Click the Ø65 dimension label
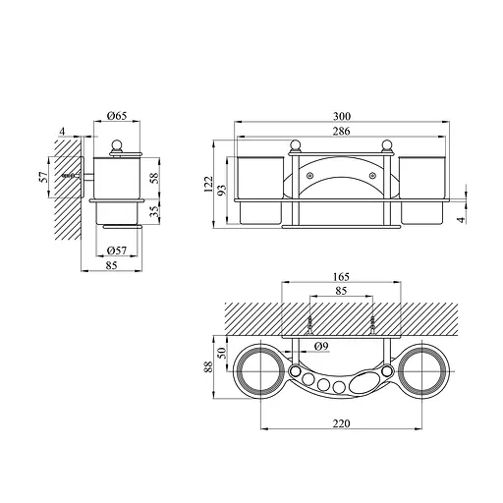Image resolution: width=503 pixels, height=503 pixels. pyautogui.click(x=117, y=116)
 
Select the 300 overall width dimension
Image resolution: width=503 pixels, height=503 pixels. pyautogui.click(x=342, y=116)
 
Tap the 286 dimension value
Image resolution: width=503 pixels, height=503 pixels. pyautogui.click(x=342, y=132)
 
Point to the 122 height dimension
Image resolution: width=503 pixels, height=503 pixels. pyautogui.click(x=208, y=184)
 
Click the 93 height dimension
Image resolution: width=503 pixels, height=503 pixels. pyautogui.click(x=222, y=190)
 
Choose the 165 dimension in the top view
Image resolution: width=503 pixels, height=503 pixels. pyautogui.click(x=341, y=277)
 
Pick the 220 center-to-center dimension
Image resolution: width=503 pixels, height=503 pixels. pyautogui.click(x=341, y=423)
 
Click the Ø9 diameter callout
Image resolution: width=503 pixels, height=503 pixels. pyautogui.click(x=321, y=346)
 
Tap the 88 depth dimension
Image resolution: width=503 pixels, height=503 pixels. pyautogui.click(x=208, y=366)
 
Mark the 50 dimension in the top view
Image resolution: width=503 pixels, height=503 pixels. pyautogui.click(x=222, y=353)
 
